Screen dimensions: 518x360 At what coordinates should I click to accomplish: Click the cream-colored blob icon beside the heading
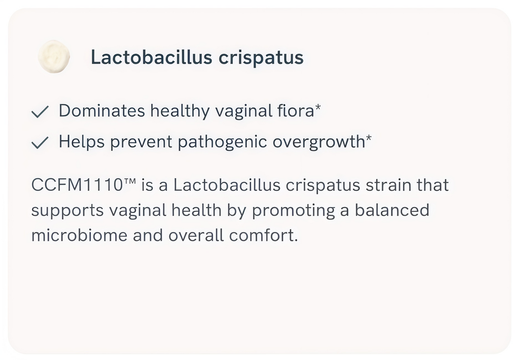[x=54, y=57]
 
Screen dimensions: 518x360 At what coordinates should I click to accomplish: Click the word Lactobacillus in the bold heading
[x=151, y=57]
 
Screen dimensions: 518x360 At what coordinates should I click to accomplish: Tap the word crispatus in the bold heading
[x=261, y=58]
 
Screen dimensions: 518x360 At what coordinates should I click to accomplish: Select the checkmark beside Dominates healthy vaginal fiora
[x=40, y=112]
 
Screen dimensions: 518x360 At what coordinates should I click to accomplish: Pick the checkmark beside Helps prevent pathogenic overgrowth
[x=40, y=142]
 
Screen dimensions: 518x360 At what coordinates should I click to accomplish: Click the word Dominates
[x=102, y=111]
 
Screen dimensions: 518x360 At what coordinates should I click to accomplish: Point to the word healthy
[x=180, y=112]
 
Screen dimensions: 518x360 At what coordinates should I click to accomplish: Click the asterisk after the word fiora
[x=318, y=107]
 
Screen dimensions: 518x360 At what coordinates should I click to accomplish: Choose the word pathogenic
[x=223, y=142]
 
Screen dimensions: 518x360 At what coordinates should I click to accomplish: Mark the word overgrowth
[x=319, y=142]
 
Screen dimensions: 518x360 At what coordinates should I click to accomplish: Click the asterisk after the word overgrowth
[x=369, y=138]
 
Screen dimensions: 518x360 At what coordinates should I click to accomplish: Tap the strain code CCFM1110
[x=77, y=185]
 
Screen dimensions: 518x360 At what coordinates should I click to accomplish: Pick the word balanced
[x=392, y=210]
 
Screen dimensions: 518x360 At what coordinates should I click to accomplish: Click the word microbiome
[x=79, y=235]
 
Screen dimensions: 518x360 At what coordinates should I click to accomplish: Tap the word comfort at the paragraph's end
[x=261, y=235]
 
